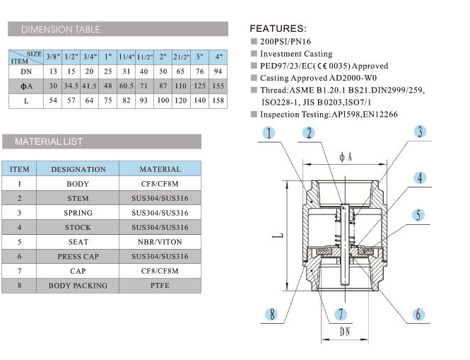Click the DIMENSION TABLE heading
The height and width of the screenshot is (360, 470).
tap(60, 30)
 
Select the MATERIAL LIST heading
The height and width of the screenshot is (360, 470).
tap(49, 141)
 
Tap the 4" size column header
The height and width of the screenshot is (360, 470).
tap(218, 56)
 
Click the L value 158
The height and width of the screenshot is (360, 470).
tap(218, 101)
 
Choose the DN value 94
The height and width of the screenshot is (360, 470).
tap(218, 71)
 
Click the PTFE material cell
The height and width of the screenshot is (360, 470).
tap(160, 286)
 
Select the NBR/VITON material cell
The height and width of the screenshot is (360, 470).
tap(160, 242)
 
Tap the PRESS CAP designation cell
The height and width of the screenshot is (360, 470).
tap(78, 257)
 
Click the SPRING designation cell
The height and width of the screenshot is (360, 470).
tap(78, 213)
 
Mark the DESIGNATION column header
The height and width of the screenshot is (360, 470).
tap(78, 169)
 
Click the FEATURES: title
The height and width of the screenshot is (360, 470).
tap(278, 29)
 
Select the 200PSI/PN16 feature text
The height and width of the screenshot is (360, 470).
tap(285, 42)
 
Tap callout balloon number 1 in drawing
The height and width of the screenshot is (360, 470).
tap(269, 133)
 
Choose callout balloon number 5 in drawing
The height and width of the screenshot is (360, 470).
tap(419, 215)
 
